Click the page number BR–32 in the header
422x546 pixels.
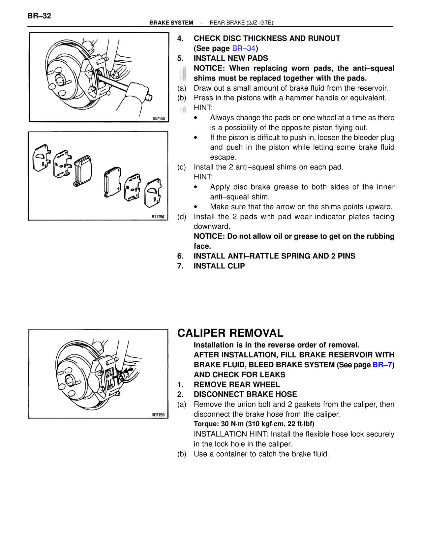[39, 16]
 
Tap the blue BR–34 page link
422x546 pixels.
[244, 48]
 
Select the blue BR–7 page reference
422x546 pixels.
[382, 365]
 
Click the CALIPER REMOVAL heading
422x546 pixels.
[230, 333]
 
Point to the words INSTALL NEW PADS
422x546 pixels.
[230, 58]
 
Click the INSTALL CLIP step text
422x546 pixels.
[219, 266]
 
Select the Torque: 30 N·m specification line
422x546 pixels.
[254, 424]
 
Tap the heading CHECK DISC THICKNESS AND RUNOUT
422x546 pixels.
[267, 39]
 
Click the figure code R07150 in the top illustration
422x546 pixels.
[159, 118]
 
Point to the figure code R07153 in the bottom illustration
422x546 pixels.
[158, 415]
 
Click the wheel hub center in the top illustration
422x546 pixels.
[60, 79]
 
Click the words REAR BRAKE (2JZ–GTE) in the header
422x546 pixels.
[241, 23]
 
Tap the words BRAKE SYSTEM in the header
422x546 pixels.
[171, 23]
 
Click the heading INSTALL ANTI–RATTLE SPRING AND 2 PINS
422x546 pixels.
[274, 256]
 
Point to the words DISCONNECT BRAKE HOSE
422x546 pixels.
[245, 394]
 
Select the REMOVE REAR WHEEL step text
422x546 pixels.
[237, 384]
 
